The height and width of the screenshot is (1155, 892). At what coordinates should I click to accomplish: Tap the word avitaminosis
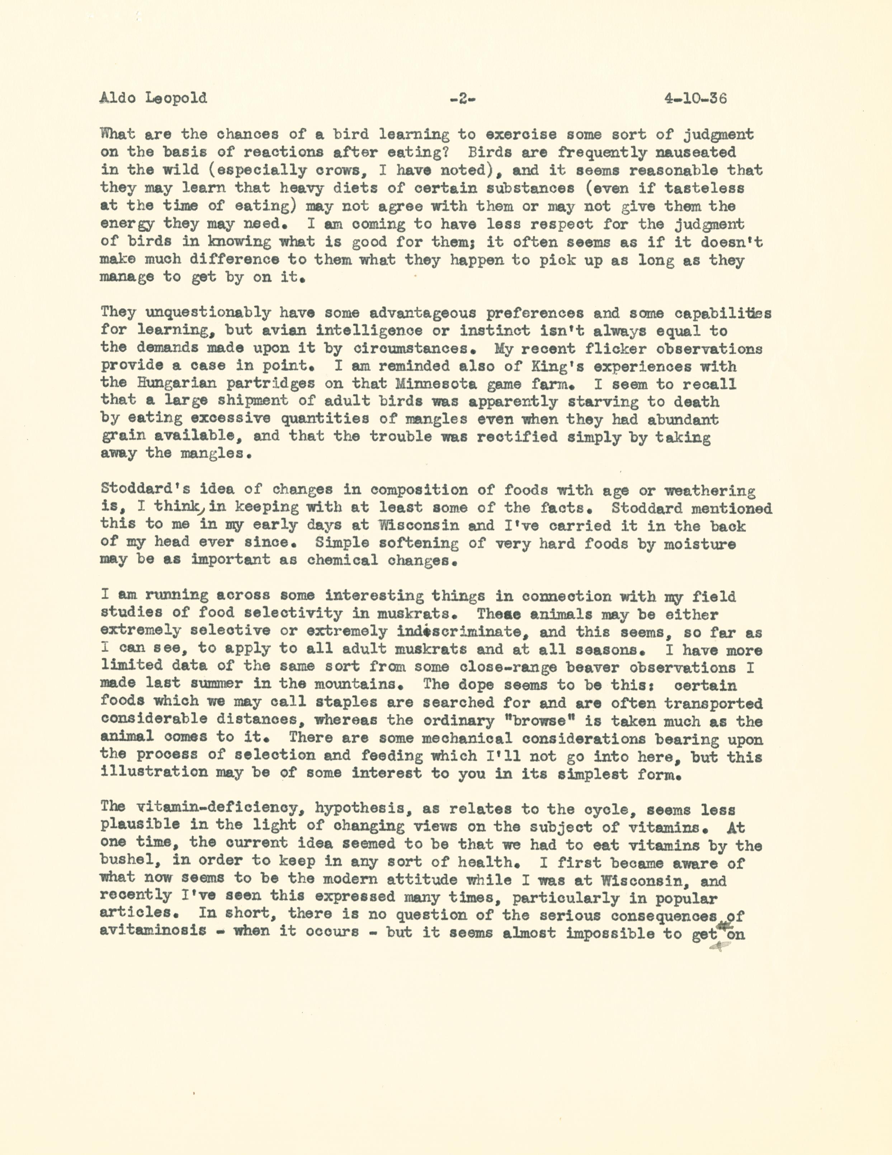(153, 931)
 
